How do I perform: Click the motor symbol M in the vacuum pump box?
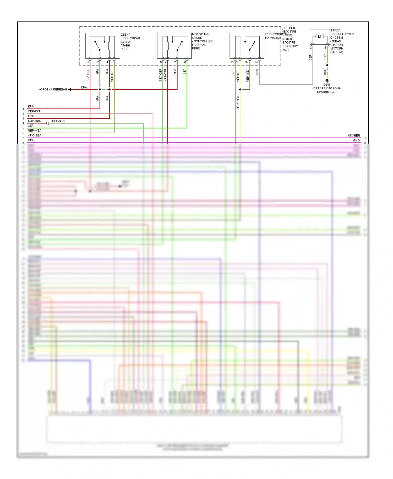(319, 36)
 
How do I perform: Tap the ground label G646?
(327, 85)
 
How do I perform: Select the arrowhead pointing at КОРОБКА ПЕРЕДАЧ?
(70, 89)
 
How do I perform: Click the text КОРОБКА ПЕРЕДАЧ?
(53, 89)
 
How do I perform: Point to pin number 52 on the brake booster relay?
(257, 62)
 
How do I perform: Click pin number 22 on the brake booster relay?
(232, 62)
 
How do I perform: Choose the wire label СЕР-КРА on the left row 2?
(34, 111)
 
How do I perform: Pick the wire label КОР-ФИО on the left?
(35, 121)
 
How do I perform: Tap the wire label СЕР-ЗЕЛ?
(58, 121)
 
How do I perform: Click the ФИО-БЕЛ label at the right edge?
(353, 135)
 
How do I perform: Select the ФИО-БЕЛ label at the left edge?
(35, 135)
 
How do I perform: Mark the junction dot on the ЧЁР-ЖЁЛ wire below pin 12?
(240, 89)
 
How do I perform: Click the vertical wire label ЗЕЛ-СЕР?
(160, 75)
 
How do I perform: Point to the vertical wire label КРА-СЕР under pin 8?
(88, 75)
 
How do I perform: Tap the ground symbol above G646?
(327, 80)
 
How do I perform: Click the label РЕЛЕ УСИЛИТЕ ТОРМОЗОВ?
(273, 36)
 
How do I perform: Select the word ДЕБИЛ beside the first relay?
(125, 35)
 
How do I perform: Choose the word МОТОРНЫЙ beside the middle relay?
(201, 34)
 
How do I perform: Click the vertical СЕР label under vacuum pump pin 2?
(310, 57)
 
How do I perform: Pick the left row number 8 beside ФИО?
(23, 143)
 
